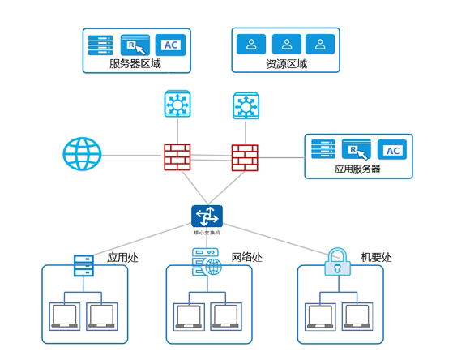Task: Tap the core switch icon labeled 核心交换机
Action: pyautogui.click(x=207, y=216)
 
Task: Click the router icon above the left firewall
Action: pyautogui.click(x=175, y=105)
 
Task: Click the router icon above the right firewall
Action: pyautogui.click(x=245, y=105)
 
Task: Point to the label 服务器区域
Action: pyautogui.click(x=135, y=63)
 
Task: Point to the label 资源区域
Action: pyautogui.click(x=286, y=63)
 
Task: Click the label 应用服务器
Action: pyautogui.click(x=357, y=169)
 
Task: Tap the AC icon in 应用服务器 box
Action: pyautogui.click(x=391, y=150)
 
